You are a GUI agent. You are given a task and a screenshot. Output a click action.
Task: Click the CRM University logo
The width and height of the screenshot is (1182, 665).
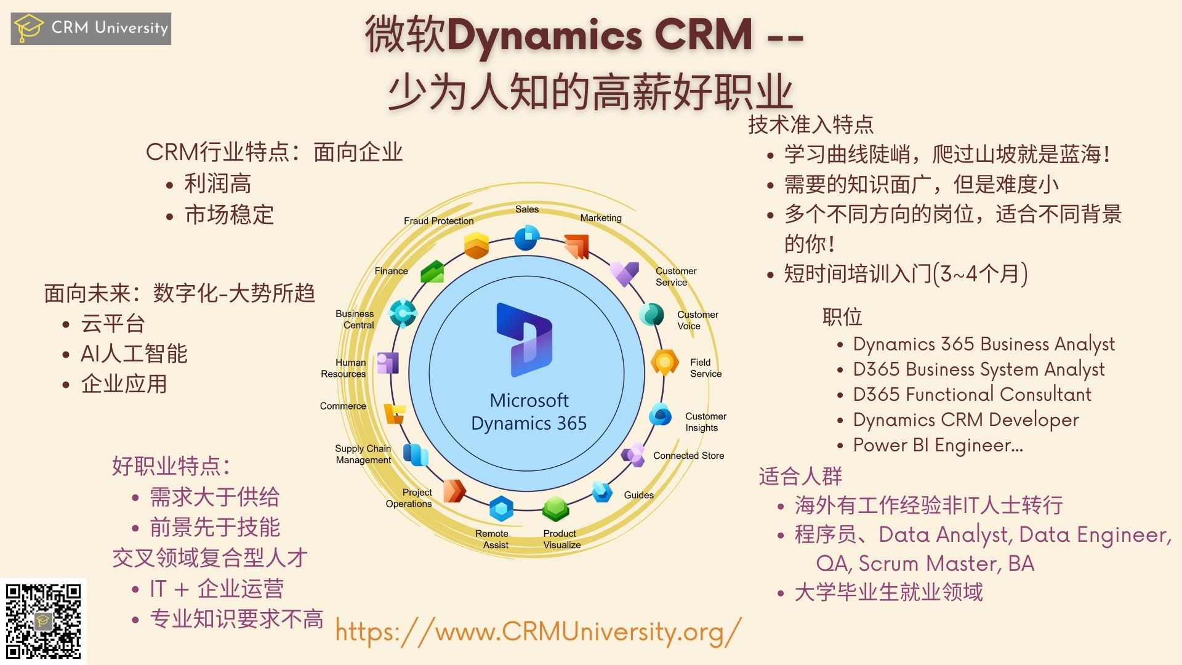coord(90,28)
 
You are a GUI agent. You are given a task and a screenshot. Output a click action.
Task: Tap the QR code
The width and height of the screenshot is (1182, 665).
coord(43,621)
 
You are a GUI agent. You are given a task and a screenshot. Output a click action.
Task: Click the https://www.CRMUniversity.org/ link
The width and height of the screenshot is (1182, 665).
coord(538,632)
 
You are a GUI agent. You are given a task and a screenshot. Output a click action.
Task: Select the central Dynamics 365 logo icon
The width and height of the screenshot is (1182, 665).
coord(524,340)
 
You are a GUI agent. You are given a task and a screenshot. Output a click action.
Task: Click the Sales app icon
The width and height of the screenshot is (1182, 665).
coord(527,238)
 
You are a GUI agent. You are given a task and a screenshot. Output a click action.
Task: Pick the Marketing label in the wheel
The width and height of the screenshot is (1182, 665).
coord(601,218)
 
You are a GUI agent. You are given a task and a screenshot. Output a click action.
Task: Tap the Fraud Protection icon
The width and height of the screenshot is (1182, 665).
coord(476,246)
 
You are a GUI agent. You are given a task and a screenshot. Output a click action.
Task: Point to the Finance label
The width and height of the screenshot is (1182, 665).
coord(391,271)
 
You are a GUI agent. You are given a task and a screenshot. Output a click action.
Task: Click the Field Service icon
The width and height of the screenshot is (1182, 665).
coord(665,363)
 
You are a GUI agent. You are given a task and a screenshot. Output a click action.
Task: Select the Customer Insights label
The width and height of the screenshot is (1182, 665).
coord(706,422)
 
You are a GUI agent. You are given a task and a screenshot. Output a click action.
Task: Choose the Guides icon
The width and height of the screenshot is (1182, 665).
coord(601,491)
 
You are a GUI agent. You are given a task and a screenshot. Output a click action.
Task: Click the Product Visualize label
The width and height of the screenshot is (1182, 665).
coord(561,539)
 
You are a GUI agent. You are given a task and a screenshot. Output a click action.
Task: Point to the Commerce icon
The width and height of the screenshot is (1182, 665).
coord(395,413)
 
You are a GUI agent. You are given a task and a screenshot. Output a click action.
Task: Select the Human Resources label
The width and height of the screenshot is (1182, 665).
coord(344,368)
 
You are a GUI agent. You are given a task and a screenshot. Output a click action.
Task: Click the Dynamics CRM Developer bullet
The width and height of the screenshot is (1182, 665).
coord(965,420)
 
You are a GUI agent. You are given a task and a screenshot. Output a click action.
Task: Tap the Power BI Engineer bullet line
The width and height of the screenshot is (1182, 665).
coord(938,445)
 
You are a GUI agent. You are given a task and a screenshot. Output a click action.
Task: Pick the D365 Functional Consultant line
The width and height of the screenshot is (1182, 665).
coord(971,394)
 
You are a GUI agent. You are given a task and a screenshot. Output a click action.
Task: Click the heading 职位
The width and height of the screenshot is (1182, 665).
coord(842,317)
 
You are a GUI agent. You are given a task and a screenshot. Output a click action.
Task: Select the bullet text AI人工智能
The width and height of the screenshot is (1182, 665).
coord(134,353)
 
